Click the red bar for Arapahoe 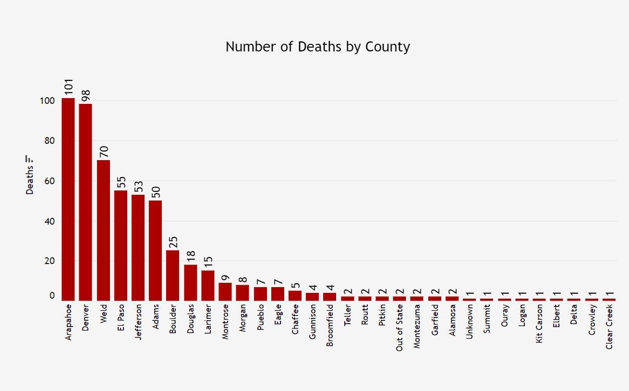[x=68, y=199]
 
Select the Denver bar [x=85, y=202]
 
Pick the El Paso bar [x=121, y=245]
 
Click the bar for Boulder [x=173, y=275]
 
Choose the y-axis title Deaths [x=30, y=180]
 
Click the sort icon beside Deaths [x=30, y=158]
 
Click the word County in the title [x=387, y=47]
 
